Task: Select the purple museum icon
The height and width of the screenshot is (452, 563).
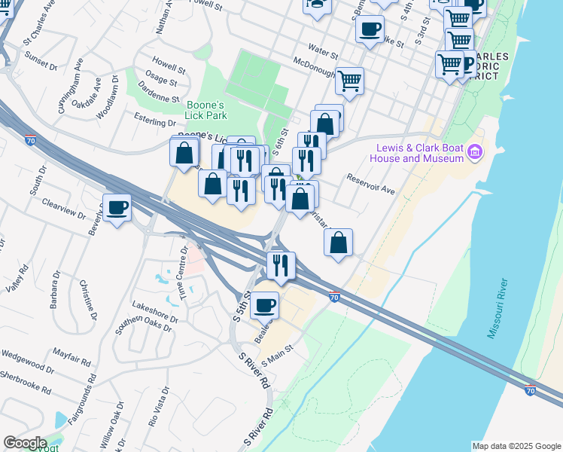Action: [x=475, y=153]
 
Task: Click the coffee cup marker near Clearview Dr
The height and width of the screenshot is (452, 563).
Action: [x=117, y=208]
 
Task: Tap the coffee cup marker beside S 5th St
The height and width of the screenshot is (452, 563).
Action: [x=265, y=304]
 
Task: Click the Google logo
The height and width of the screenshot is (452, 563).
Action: [x=25, y=442]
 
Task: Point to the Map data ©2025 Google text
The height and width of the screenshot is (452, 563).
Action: [x=516, y=446]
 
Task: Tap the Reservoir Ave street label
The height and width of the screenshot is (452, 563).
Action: [x=371, y=185]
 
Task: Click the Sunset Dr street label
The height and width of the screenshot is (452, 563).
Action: [x=41, y=60]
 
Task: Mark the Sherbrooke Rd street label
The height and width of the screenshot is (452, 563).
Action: [x=26, y=383]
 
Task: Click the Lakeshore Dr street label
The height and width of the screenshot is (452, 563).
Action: [x=155, y=313]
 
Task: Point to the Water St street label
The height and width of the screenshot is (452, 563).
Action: [x=324, y=53]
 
